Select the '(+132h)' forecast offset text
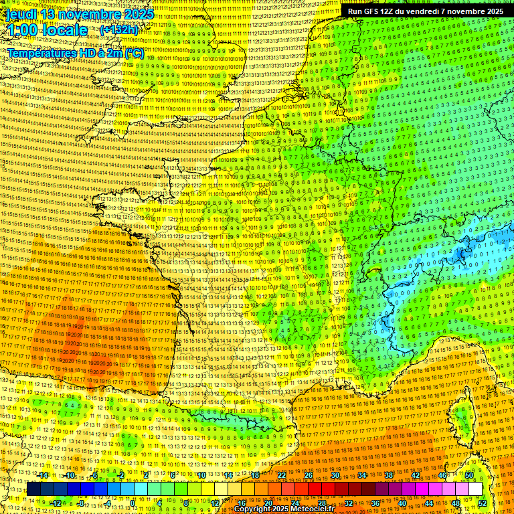pyautogui.click(x=118, y=30)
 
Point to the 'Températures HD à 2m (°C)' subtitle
pyautogui.click(x=75, y=53)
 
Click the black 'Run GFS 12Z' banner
pyautogui.click(x=425, y=11)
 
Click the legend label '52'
pyautogui.click(x=483, y=503)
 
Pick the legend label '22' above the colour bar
pyautogui.click(x=282, y=475)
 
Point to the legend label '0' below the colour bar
pyautogui.click(x=133, y=503)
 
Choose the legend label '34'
pyautogui.click(x=362, y=475)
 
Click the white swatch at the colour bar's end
pyautogui.click(x=475, y=489)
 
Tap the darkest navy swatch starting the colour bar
pyautogui.click(x=33, y=489)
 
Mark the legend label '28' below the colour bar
pyautogui.click(x=321, y=503)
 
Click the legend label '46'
pyautogui.click(x=442, y=475)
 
